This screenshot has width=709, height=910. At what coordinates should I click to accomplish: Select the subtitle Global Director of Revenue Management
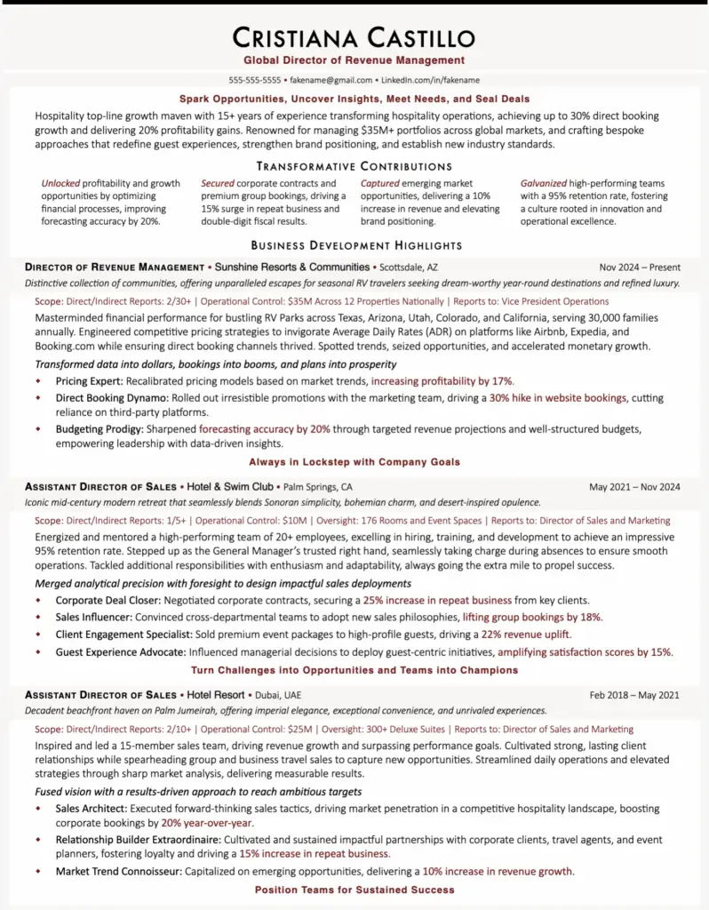[x=354, y=60]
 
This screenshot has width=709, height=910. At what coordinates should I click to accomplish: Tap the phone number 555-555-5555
[x=254, y=80]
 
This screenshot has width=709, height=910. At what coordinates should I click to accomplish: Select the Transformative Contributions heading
[x=354, y=166]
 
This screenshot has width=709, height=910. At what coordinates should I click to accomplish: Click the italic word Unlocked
[x=60, y=184]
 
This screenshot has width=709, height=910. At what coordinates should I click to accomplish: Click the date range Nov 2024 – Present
[x=640, y=267]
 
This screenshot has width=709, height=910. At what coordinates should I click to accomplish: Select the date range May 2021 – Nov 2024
[x=634, y=487]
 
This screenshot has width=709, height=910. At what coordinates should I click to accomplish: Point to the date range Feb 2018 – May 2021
[x=634, y=695]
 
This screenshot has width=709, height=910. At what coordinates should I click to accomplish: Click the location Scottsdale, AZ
[x=408, y=267]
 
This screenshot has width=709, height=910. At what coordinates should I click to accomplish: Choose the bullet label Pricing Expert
[x=84, y=381]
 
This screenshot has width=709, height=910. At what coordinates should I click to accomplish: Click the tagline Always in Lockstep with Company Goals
[x=354, y=462]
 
